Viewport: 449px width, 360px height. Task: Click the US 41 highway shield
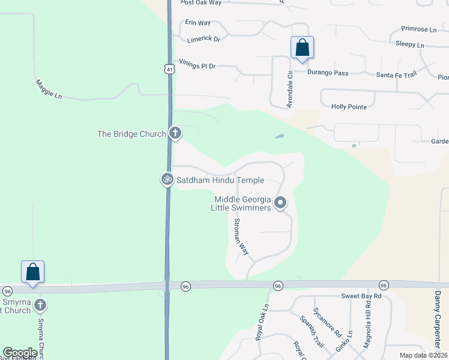[x=170, y=70]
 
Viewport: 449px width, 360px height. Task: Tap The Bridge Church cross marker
[x=175, y=133]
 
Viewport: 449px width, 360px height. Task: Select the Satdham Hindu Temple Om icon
[x=167, y=179]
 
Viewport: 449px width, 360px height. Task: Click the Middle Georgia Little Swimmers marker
[x=280, y=203]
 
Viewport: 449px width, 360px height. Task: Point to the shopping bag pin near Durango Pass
[x=302, y=47]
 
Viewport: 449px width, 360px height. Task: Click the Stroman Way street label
[x=241, y=237]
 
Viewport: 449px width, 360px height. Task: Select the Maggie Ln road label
[x=49, y=89]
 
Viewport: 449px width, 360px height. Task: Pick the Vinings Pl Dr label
[x=197, y=65]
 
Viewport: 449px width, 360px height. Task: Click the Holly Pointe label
[x=349, y=106]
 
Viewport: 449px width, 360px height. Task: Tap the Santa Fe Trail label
[x=396, y=74]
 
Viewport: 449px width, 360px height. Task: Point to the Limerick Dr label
[x=204, y=39]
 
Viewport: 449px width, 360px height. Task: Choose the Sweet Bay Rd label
[x=361, y=296]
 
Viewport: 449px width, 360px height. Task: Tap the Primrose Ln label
[x=419, y=29]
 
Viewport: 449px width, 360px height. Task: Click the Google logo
[x=20, y=353]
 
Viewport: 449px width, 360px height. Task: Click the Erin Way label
[x=197, y=22]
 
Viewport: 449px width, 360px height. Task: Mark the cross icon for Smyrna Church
[x=40, y=305]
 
